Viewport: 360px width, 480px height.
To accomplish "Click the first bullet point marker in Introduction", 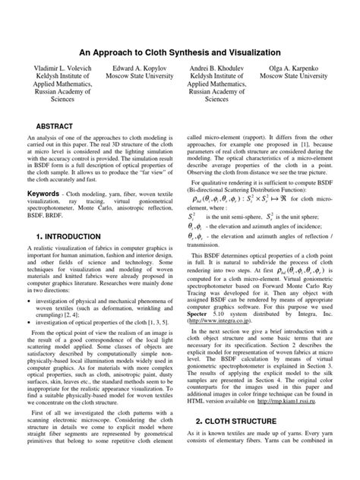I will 29,302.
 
